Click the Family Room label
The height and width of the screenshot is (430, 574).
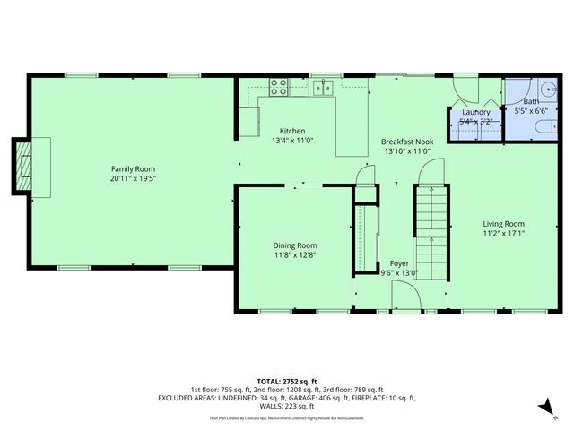click(133, 168)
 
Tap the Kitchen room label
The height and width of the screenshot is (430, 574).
click(292, 130)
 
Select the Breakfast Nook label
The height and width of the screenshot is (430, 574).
click(407, 142)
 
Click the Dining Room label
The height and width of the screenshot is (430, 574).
click(295, 245)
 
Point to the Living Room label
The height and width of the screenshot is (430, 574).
click(503, 224)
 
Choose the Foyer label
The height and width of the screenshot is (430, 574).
click(399, 263)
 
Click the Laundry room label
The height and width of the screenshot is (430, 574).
click(475, 112)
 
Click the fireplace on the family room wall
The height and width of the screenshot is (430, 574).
click(23, 165)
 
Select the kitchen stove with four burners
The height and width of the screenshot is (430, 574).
click(279, 87)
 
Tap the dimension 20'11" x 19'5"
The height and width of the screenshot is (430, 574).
click(133, 178)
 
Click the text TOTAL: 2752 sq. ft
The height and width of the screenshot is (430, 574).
click(286, 381)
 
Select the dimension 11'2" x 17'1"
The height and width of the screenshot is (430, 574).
click(503, 234)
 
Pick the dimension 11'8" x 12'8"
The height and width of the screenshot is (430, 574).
click(295, 255)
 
